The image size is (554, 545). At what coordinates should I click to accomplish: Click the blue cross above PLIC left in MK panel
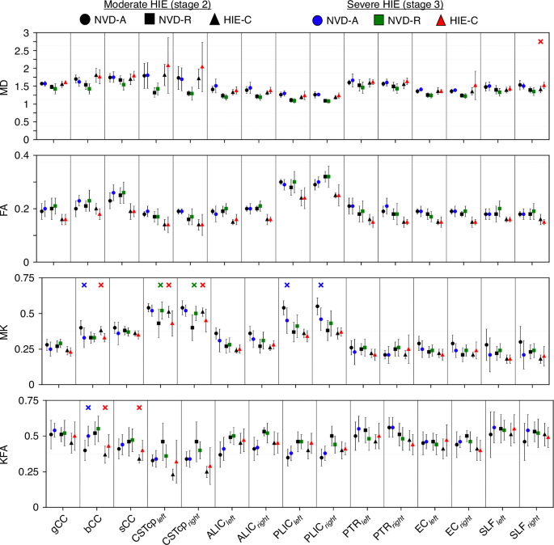[286, 285]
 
